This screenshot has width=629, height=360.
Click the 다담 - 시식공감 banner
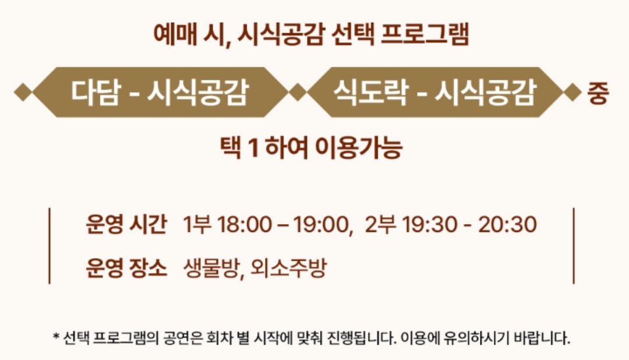click(x=160, y=92)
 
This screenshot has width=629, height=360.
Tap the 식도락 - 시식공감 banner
click(x=434, y=92)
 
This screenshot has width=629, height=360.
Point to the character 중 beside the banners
click(x=598, y=93)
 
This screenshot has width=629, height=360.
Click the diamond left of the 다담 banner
click(x=23, y=92)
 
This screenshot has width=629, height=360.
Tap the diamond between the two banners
click(x=297, y=92)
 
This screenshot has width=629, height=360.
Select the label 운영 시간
click(x=126, y=224)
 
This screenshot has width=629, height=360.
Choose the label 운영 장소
click(x=126, y=268)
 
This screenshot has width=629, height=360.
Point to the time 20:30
click(x=507, y=224)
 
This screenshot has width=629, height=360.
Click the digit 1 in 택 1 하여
click(x=252, y=148)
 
